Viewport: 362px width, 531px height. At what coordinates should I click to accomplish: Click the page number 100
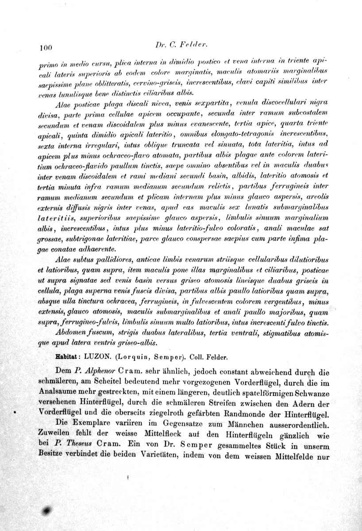46,47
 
